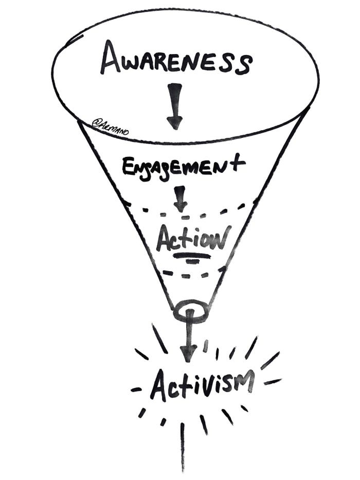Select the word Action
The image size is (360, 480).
click(x=191, y=238)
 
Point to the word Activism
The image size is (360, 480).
click(x=201, y=385)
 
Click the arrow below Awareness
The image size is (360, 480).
click(x=174, y=106)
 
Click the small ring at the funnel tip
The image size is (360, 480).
click(x=191, y=311)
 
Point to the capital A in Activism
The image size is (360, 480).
click(x=159, y=387)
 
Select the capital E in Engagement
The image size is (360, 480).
click(x=128, y=168)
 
